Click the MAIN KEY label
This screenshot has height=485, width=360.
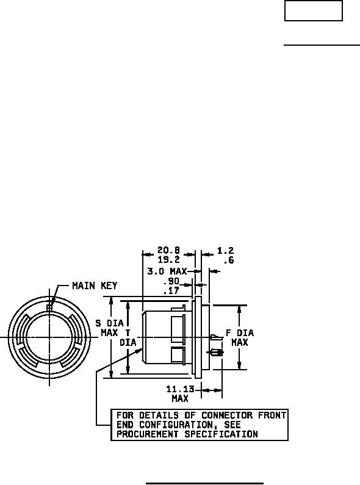(x=95, y=286)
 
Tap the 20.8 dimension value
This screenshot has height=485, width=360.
(x=168, y=250)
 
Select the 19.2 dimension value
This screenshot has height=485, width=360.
(x=168, y=259)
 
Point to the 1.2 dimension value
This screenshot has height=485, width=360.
(x=225, y=251)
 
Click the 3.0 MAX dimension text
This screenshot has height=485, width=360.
(x=167, y=271)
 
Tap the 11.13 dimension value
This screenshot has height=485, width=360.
(x=181, y=389)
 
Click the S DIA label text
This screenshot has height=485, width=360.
(x=109, y=323)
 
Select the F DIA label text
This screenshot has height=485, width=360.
(x=240, y=333)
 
